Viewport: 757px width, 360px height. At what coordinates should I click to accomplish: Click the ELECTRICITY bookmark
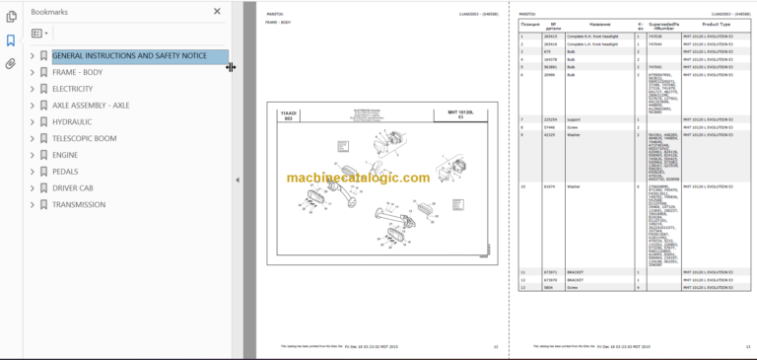73,89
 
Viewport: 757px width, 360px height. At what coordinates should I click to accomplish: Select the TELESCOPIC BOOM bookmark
84,139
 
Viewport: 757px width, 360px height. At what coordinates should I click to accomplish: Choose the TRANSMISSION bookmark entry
79,205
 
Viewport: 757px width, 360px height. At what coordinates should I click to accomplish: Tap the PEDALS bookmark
65,172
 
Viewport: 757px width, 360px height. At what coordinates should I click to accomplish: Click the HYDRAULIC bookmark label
71,122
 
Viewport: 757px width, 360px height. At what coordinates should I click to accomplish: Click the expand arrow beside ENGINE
33,156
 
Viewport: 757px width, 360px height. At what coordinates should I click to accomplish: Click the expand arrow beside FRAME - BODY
33,73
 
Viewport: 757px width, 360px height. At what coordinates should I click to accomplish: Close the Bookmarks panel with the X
218,12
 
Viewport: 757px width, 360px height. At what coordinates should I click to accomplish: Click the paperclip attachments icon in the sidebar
11,63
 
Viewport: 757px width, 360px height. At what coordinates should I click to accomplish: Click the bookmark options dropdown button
39,34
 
